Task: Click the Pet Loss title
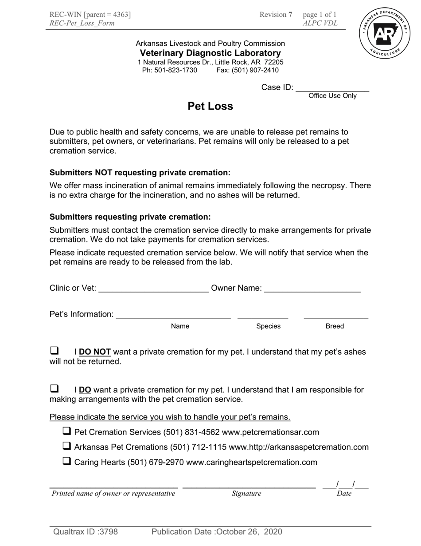point(210,106)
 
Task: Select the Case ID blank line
point(332,88)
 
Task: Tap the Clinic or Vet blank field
point(153,289)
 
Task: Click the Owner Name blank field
point(312,289)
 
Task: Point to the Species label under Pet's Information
point(268,326)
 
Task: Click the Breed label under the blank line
point(335,326)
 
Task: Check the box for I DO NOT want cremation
point(54,351)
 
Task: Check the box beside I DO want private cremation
point(54,389)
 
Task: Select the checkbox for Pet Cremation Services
point(67,431)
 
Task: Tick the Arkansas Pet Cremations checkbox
point(67,446)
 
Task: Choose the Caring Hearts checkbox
point(67,461)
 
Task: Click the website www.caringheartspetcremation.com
point(252,463)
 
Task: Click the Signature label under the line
point(246,494)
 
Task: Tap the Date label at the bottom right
point(344,494)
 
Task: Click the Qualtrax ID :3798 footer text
point(86,532)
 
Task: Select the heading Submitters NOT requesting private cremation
point(140,173)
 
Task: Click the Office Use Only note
point(332,96)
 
